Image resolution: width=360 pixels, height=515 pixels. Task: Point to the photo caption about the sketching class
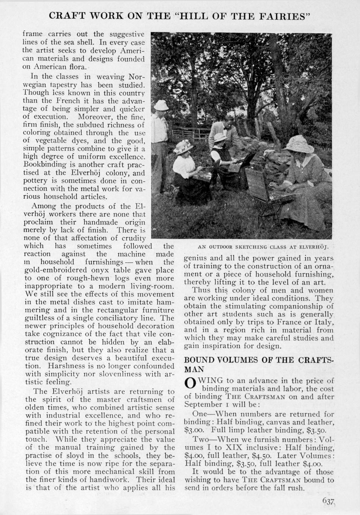click(x=265, y=247)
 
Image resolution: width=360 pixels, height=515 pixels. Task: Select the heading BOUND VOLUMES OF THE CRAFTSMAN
click(x=259, y=364)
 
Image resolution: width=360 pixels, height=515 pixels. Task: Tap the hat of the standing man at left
click(x=162, y=105)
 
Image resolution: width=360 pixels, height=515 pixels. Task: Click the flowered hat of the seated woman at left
click(x=182, y=147)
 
